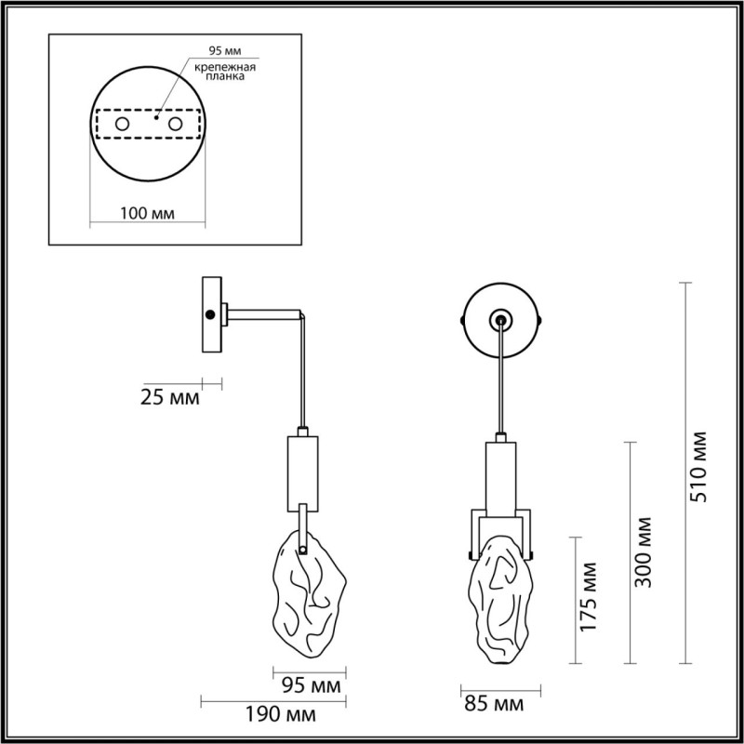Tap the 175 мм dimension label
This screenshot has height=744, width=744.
[590, 600]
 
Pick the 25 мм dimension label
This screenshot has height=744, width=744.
[169, 399]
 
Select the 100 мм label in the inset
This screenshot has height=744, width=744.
[149, 213]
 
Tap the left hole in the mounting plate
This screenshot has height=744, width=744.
[122, 123]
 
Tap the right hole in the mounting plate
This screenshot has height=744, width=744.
[175, 123]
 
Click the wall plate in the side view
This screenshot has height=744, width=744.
[212, 314]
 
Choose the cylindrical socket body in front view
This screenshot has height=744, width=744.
[500, 475]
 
